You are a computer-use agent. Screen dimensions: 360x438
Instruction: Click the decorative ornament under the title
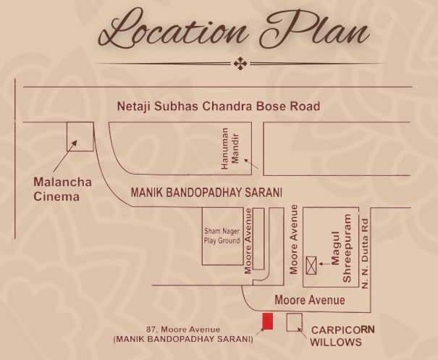(240, 64)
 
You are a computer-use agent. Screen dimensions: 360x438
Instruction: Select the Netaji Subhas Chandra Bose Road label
(218, 106)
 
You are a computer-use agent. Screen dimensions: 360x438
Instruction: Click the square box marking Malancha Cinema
(80, 136)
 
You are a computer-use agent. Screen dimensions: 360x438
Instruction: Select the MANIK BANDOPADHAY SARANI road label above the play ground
(206, 193)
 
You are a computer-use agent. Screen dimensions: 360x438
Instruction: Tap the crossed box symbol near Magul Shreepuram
(313, 264)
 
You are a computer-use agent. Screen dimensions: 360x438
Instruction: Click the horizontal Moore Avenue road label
(310, 300)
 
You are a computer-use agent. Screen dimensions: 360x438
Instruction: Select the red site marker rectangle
(267, 321)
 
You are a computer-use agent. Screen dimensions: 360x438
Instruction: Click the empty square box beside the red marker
(294, 322)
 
